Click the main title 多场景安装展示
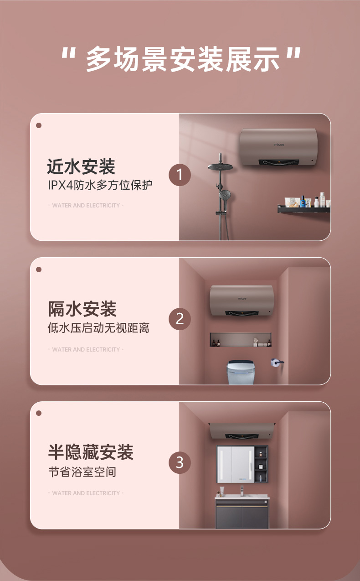pyautogui.click(x=182, y=59)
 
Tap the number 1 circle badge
pyautogui.click(x=180, y=175)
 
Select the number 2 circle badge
pyautogui.click(x=180, y=319)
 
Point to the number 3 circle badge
pyautogui.click(x=180, y=462)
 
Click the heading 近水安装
pyautogui.click(x=81, y=166)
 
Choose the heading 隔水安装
pyautogui.click(x=82, y=309)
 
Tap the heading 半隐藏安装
pyautogui.click(x=91, y=452)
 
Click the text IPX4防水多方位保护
pyautogui.click(x=100, y=185)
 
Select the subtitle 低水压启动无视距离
pyautogui.click(x=98, y=328)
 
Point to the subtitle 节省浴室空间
pyautogui.click(x=82, y=472)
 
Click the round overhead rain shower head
pyautogui.click(x=220, y=167)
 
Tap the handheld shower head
pyautogui.click(x=225, y=194)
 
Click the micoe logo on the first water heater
pyautogui.click(x=279, y=145)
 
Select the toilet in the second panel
pyautogui.click(x=240, y=372)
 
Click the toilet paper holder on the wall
pyautogui.click(x=277, y=363)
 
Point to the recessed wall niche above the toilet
pyautogui.click(x=241, y=340)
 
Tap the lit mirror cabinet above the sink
pyautogui.click(x=236, y=465)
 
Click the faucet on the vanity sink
pyautogui.click(x=242, y=491)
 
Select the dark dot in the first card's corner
pyautogui.click(x=39, y=125)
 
